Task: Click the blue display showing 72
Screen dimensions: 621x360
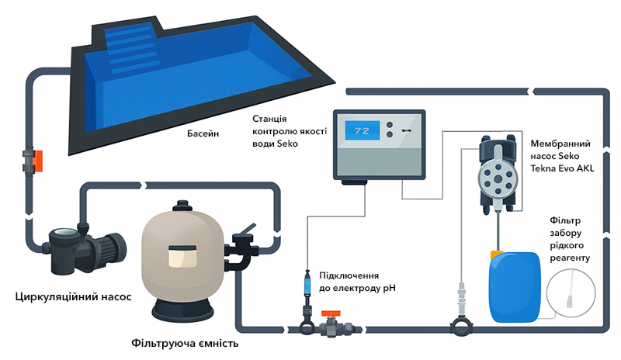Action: point(362,130)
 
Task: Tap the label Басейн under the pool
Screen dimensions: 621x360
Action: point(203,133)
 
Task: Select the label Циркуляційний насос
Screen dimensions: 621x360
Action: point(73,296)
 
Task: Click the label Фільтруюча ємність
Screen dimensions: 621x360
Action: point(185,343)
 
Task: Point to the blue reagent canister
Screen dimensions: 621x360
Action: point(515,286)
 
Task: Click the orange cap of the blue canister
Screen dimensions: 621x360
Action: point(497,254)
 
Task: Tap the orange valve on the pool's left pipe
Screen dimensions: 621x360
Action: point(38,161)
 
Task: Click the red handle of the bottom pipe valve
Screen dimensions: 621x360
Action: point(331,313)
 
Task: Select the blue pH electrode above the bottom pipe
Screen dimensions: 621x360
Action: point(307,286)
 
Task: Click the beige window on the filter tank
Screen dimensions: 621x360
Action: point(182,256)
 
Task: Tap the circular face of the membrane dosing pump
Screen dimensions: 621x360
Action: point(498,179)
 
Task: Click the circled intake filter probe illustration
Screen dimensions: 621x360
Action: point(571,293)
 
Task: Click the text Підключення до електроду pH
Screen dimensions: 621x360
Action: point(357,282)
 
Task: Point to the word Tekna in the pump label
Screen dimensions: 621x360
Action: point(543,168)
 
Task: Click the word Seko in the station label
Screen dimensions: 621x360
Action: point(287,144)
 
